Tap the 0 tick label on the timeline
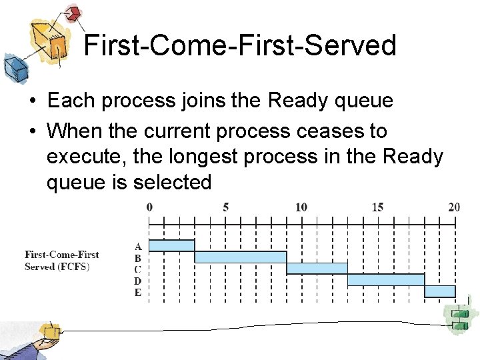click(149, 207)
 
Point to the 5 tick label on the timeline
click(225, 207)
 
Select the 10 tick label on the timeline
click(301, 207)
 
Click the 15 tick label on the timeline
click(377, 207)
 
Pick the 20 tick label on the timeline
click(454, 207)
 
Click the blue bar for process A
click(171, 245)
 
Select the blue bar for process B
click(240, 257)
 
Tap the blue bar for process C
click(317, 268)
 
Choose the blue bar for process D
click(385, 279)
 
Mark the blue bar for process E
click(439, 291)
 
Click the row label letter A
click(138, 246)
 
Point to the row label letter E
click(138, 292)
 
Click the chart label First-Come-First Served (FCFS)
click(61, 260)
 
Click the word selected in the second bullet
click(172, 182)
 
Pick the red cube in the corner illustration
click(73, 13)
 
